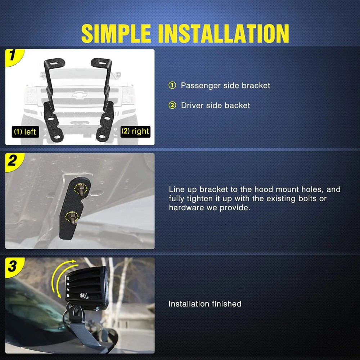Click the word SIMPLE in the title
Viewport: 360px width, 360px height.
coord(116,33)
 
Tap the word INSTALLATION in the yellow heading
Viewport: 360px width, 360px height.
coord(224,33)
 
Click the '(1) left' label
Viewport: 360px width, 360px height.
coord(25,132)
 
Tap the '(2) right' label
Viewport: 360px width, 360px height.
coord(135,131)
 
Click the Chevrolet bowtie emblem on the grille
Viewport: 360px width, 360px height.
coord(80,95)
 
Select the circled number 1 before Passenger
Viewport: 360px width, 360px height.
coord(172,85)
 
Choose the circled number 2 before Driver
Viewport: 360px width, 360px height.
coord(172,105)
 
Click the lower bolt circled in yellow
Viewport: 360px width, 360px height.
coord(72,217)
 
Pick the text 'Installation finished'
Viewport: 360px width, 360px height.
coord(205,304)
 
